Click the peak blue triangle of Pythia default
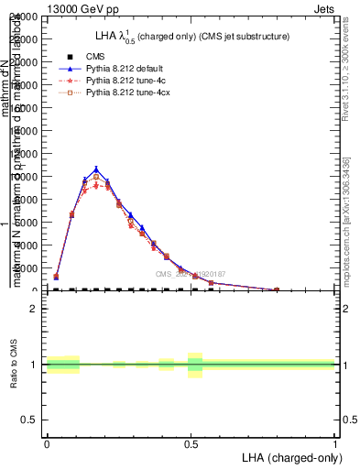tap(96, 169)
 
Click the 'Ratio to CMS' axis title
tap(15, 365)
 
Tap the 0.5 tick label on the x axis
tap(191, 444)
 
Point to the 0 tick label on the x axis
tap(47, 444)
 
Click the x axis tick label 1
tap(335, 444)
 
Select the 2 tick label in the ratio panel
tap(35, 310)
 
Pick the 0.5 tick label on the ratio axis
tap(30, 420)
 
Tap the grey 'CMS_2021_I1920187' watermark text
tap(190, 274)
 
